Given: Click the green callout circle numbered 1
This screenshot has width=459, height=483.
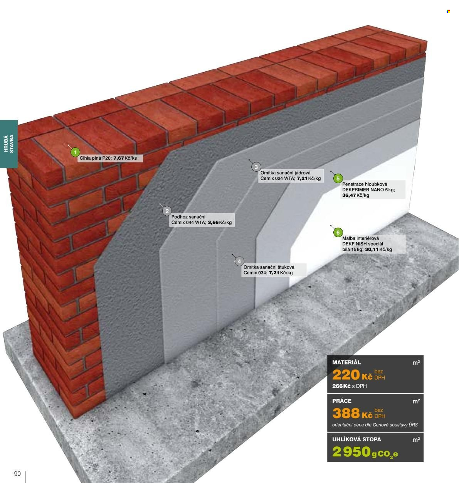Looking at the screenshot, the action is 75,152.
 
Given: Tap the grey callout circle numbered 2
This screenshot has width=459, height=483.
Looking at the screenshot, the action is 167,211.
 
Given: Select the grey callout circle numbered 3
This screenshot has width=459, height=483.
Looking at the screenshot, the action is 256,167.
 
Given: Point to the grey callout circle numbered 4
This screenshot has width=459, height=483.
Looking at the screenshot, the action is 239,262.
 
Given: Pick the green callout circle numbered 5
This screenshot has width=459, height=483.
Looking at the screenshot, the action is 338,178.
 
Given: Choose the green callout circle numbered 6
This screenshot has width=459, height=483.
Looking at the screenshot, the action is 338,232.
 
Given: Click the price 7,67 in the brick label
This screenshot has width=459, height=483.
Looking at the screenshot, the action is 119,158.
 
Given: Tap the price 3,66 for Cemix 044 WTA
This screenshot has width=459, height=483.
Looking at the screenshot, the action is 213,223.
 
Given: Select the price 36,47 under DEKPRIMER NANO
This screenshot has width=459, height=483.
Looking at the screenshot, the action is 349,195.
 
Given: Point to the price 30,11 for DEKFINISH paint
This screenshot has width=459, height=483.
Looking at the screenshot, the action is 372,249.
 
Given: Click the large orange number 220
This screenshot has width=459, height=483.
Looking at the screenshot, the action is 346,375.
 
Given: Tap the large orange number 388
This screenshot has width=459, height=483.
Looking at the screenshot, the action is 346,413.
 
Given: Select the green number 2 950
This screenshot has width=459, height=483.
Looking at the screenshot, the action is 351,451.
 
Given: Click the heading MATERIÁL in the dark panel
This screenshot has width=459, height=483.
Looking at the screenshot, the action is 346,362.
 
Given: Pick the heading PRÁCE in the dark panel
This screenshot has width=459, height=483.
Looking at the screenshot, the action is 342,401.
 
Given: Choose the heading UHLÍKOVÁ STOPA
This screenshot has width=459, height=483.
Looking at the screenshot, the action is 356,439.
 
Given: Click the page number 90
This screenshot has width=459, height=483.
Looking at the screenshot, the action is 17,474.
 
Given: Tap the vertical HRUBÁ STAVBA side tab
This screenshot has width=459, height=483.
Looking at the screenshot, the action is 9,144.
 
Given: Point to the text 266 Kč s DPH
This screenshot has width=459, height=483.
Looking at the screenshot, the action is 350,386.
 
